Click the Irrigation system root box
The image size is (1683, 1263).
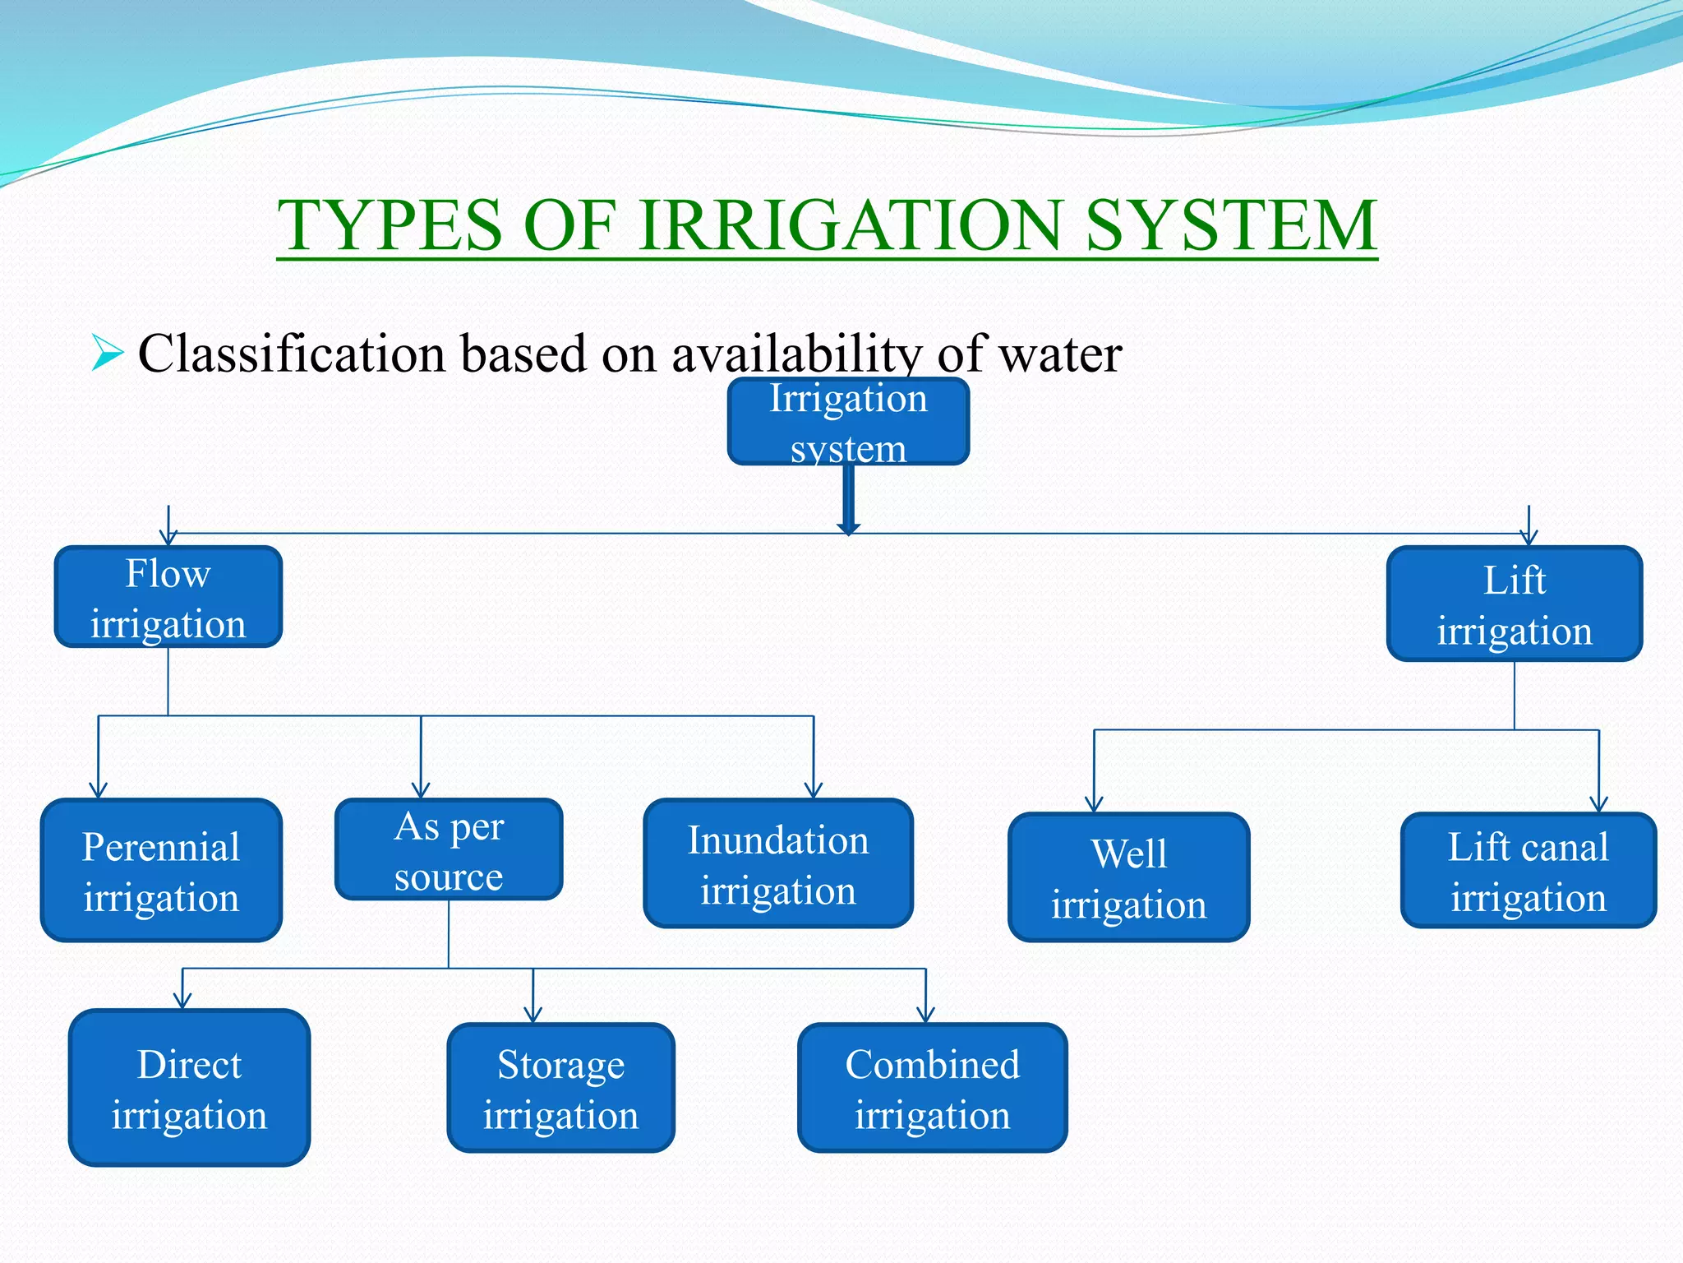pos(848,422)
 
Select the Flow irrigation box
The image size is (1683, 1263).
pos(168,598)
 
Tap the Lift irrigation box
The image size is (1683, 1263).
pos(1514,604)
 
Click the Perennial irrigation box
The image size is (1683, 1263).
pos(161,871)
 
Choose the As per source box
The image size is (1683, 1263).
pos(449,850)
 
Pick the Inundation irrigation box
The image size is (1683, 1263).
pos(777,864)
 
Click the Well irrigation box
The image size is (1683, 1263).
pos(1128,878)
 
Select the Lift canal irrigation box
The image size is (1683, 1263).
pos(1528,871)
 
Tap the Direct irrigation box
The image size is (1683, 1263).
pos(189,1089)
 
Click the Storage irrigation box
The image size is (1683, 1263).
pos(560,1089)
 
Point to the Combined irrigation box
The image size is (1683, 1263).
pos(932,1089)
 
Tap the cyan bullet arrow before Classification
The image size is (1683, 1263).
pos(107,353)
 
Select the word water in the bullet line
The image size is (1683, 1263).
pos(1059,354)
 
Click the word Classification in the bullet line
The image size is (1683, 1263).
pos(292,354)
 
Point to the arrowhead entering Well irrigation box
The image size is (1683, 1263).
pos(1094,804)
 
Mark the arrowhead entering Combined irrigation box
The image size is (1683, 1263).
pos(926,1015)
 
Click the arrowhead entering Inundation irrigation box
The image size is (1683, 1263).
pos(814,790)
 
